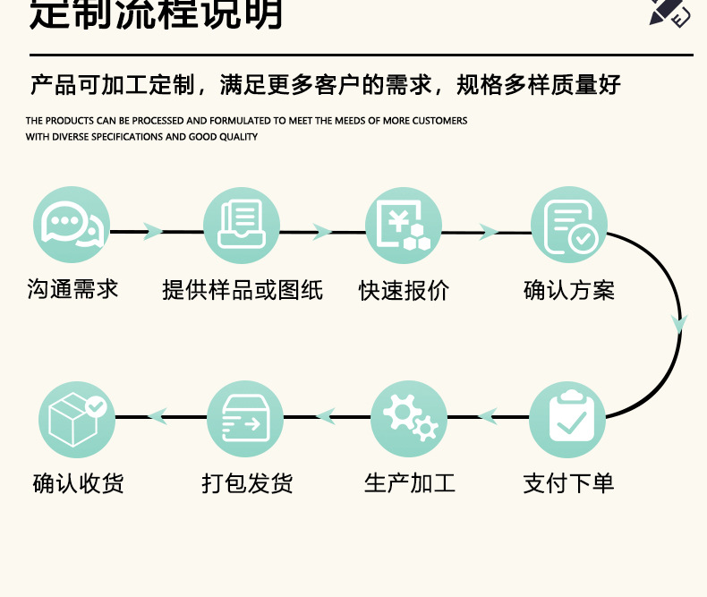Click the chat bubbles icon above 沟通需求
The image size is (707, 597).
click(x=72, y=225)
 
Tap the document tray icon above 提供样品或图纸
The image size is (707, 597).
click(x=242, y=225)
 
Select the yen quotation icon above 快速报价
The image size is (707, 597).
click(x=404, y=225)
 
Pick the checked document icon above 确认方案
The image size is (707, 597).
click(x=569, y=225)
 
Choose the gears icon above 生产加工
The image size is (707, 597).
click(x=409, y=418)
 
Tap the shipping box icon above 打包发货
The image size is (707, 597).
click(x=245, y=419)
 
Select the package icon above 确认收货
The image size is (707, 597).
click(x=77, y=419)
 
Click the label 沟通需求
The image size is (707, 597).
click(x=72, y=290)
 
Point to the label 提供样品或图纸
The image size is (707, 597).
click(x=243, y=290)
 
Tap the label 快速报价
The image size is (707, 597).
click(x=405, y=290)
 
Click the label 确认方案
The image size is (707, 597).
click(x=569, y=290)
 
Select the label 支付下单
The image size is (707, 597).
click(x=569, y=484)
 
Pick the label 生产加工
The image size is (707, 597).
click(x=410, y=484)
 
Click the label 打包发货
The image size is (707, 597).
click(x=247, y=484)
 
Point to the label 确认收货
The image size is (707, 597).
click(x=79, y=484)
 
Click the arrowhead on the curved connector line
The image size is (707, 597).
click(x=679, y=324)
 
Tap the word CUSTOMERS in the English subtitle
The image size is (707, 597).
click(x=438, y=121)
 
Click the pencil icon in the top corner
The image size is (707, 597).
click(x=669, y=12)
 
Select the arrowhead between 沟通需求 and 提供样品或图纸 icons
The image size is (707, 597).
click(x=153, y=232)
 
